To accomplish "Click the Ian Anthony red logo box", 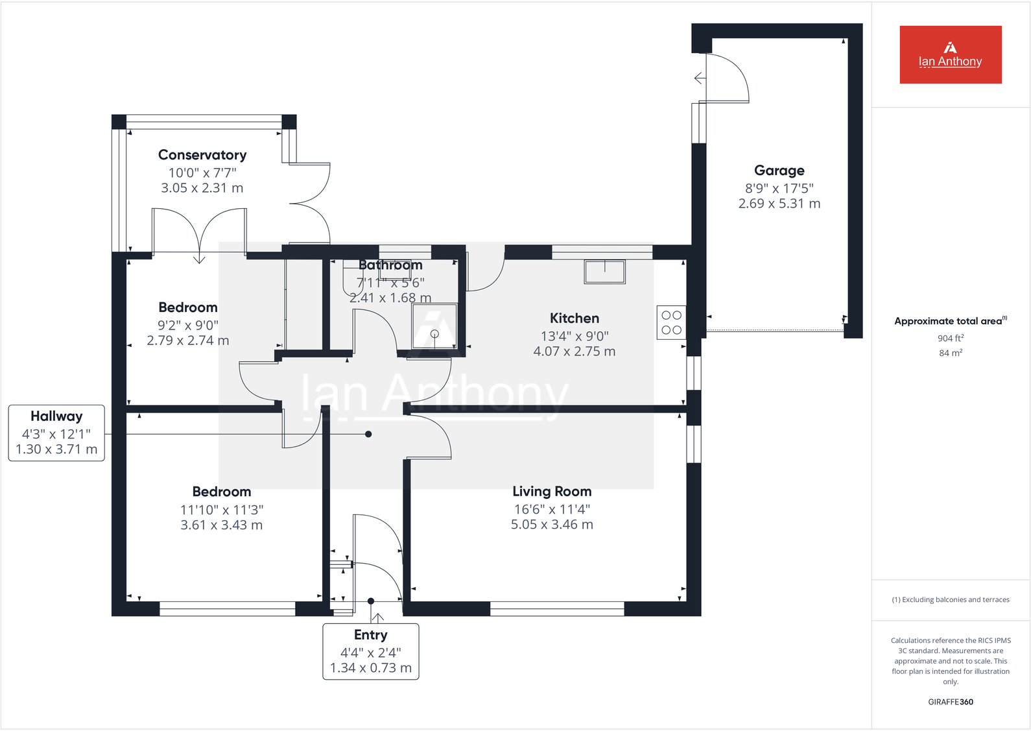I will click(950, 54).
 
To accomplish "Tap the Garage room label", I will click(779, 171).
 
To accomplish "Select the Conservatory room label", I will click(202, 155).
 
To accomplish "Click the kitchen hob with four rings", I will click(671, 322).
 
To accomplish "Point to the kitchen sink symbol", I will click(604, 272).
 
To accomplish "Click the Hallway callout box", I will click(56, 433).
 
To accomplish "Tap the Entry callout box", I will click(371, 651).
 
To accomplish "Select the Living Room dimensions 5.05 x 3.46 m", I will click(552, 525).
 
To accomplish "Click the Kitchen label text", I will click(575, 318).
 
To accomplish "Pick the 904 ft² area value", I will click(950, 338).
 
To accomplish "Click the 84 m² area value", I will click(950, 353).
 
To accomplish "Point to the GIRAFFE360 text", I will click(950, 702).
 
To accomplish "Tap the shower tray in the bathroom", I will click(434, 326).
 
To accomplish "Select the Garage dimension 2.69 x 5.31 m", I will click(779, 204).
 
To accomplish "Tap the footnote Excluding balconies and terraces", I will click(950, 600).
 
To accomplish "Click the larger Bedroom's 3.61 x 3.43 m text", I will click(222, 525).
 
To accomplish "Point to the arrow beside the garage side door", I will click(699, 78).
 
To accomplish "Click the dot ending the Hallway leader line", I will click(368, 434).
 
